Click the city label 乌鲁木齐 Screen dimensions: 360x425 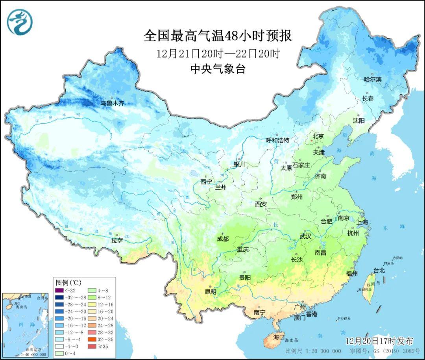point(112,104)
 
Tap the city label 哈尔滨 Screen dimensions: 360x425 point(372,79)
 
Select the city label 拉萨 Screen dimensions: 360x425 point(117,240)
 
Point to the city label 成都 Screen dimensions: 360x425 point(223,239)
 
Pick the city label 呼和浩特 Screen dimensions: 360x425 point(277,140)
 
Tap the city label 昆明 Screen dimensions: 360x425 point(211,292)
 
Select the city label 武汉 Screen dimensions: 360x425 point(305,236)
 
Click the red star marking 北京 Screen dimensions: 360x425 point(312,140)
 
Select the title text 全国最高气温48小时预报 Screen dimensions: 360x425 point(218,36)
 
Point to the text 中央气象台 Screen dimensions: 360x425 point(218,69)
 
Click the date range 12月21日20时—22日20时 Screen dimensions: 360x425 point(218,53)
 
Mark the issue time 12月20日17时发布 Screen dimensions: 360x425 point(379,340)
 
